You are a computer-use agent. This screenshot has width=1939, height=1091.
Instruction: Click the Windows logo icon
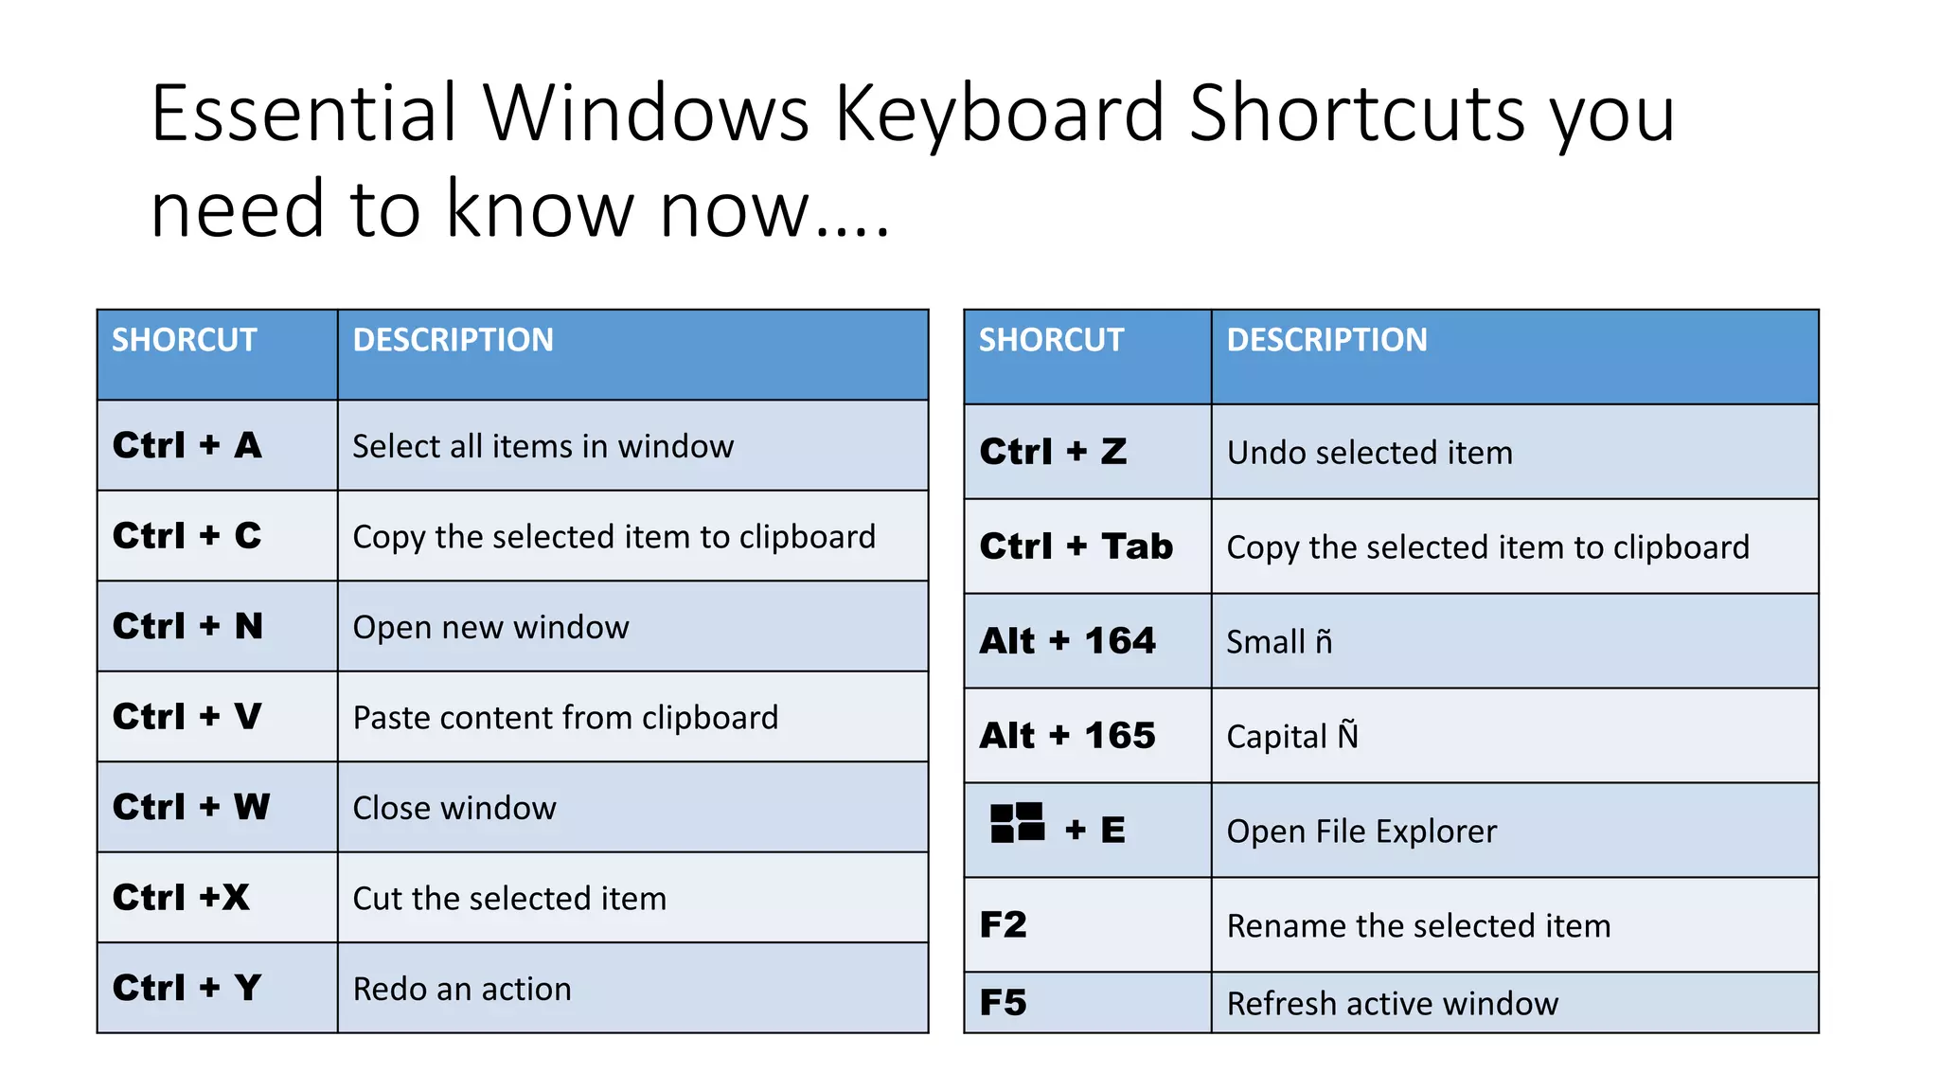pos(1017,823)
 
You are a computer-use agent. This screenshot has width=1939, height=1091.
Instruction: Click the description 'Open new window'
pos(490,627)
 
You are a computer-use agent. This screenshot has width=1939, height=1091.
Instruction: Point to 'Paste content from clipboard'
pos(565,718)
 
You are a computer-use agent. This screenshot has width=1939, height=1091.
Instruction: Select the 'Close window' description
pos(454,808)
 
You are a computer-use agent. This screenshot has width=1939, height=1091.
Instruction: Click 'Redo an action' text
pos(462,989)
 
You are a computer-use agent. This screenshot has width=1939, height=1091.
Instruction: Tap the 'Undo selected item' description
pos(1369,453)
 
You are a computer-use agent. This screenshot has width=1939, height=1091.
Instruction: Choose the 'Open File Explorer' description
pos(1361,832)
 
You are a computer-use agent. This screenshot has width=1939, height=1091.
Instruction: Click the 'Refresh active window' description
pos(1392,1003)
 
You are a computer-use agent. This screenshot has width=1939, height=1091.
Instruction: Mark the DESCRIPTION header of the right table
pos(1326,340)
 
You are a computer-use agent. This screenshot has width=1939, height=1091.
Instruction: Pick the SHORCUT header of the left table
pos(185,340)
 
